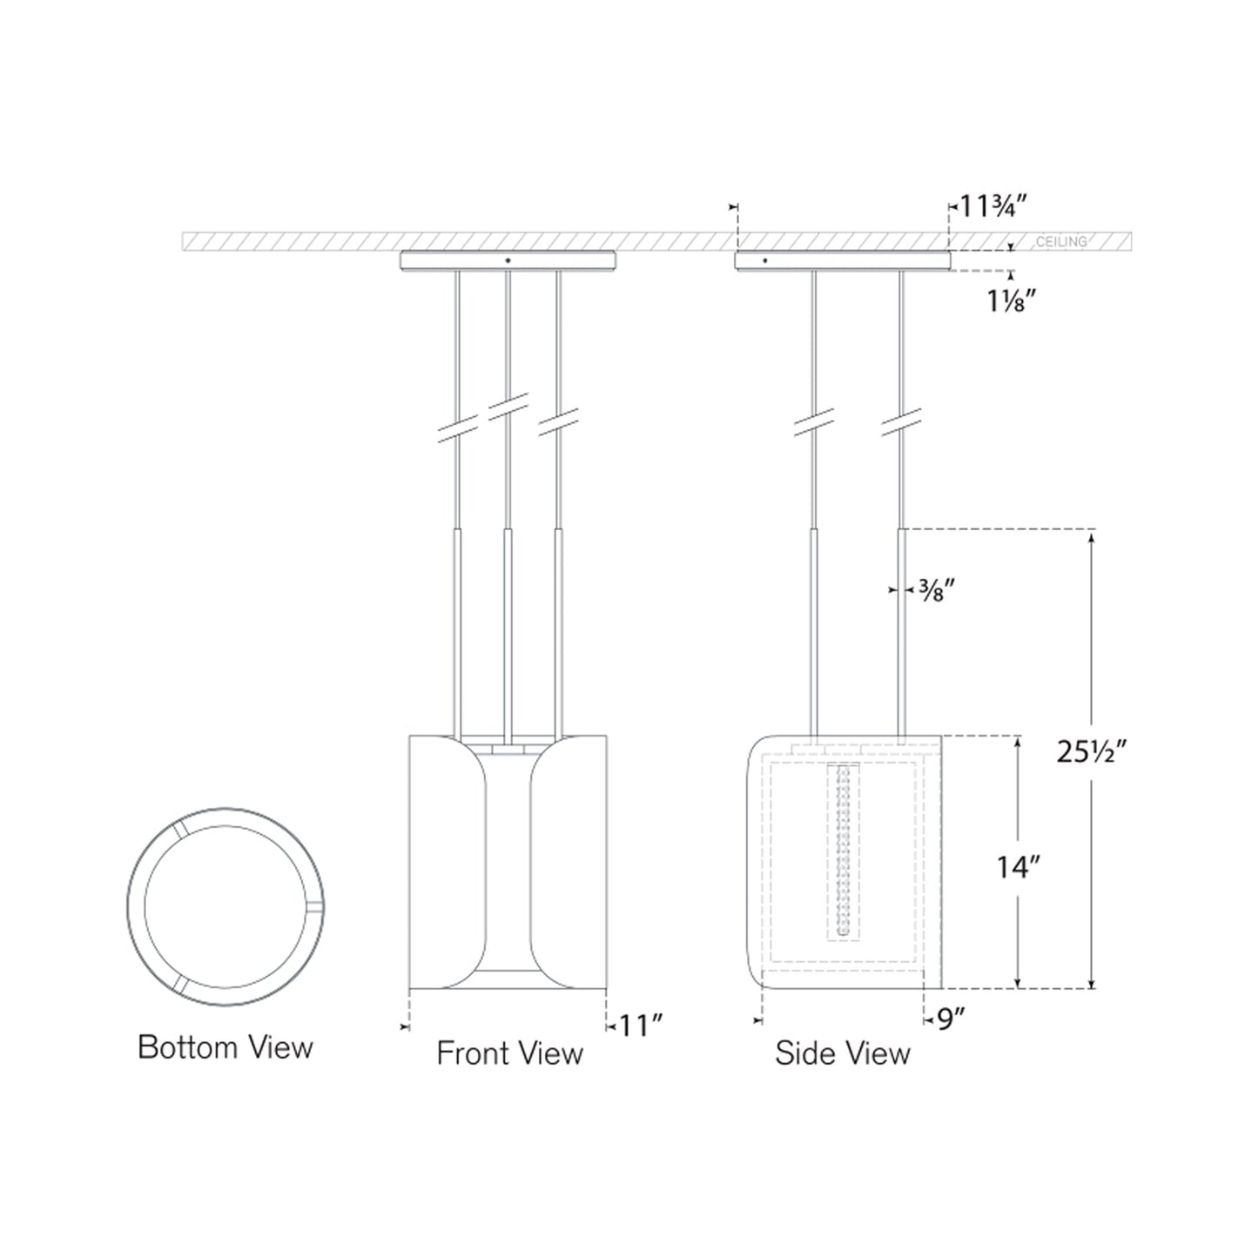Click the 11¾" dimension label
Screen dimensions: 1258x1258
993,206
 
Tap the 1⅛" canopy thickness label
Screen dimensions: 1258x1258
1010,300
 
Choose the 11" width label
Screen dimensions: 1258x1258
641,1026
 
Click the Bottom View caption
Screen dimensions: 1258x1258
225,1046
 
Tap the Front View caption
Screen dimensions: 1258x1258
509,1053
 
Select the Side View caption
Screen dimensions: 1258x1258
843,1053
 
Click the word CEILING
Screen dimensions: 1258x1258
1061,241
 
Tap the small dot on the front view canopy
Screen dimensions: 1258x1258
508,259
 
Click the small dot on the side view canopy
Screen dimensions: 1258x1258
765,259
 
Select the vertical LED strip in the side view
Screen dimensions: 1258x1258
842,851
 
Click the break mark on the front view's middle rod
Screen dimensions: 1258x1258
508,407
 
